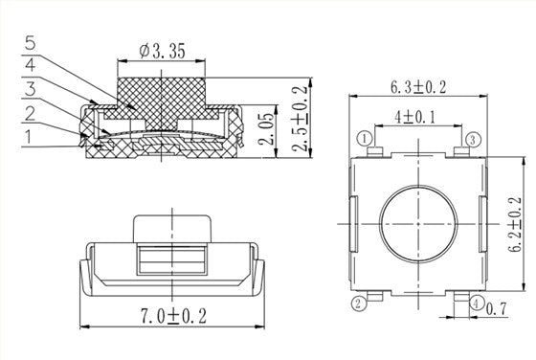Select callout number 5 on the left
coord(30,44)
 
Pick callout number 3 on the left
coord(30,90)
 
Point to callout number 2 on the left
coord(30,114)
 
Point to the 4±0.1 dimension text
coord(418,118)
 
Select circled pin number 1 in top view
coord(365,140)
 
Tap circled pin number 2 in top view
coord(360,304)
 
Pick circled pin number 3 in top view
coord(471,140)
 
